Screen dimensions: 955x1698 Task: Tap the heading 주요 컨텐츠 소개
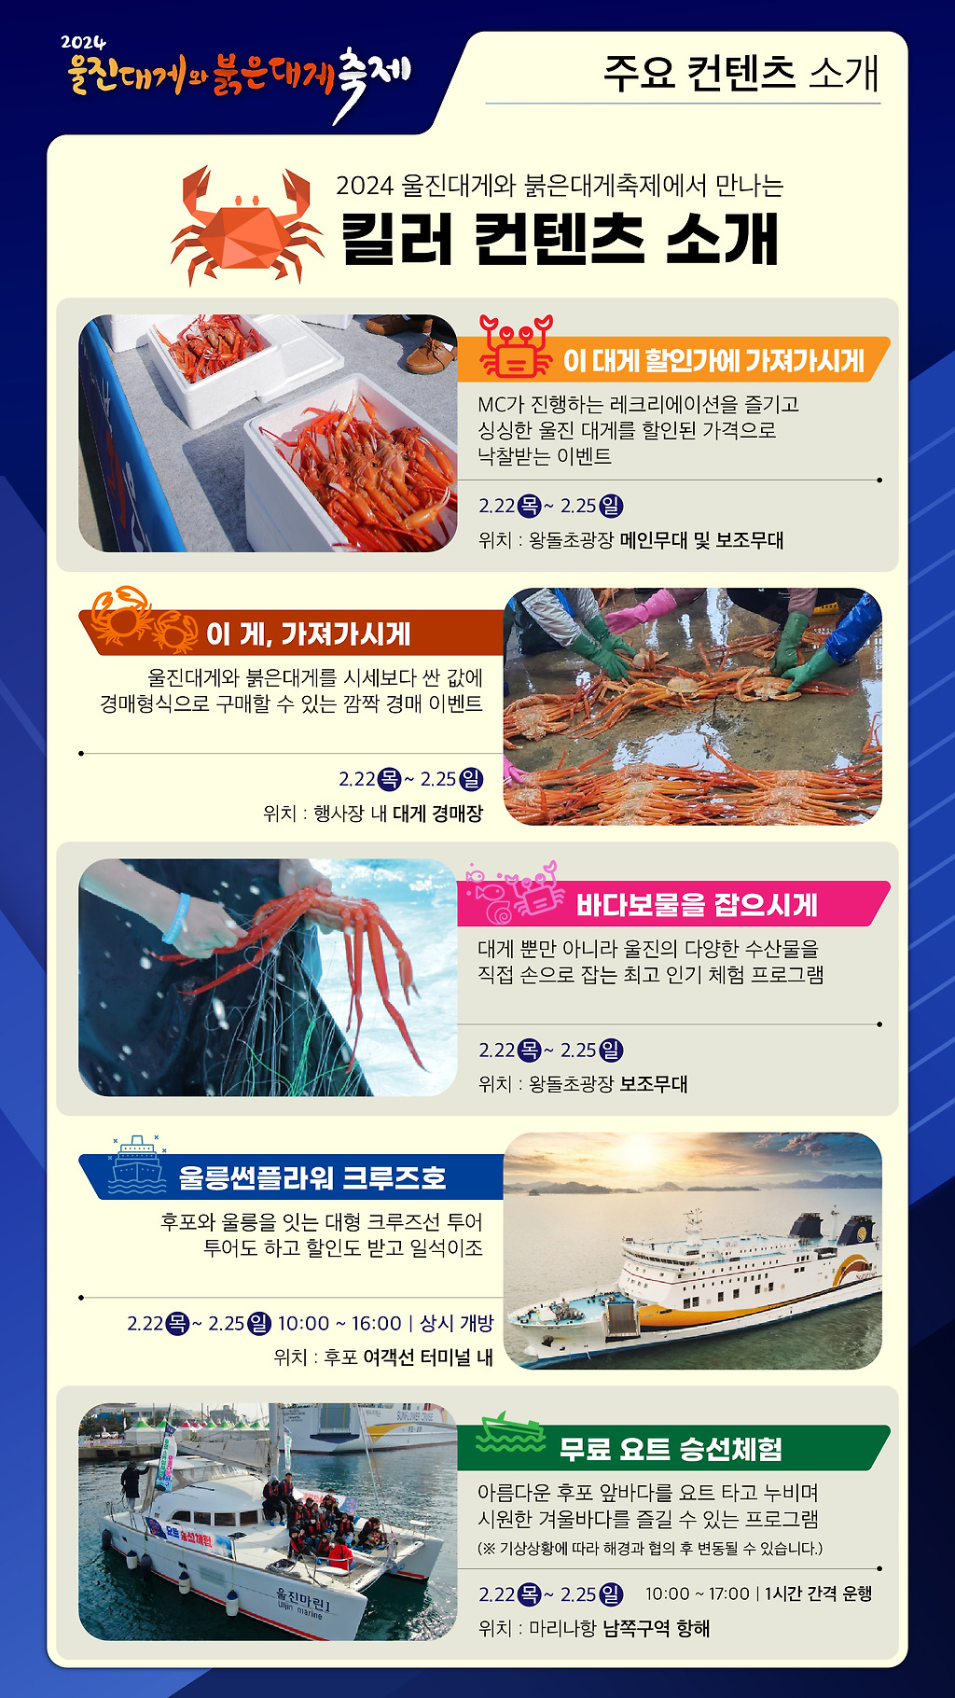741,73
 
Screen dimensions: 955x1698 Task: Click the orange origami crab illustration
247,225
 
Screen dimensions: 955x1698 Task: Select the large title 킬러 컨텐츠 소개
560,239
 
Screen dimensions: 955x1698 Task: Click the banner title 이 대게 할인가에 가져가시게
713,361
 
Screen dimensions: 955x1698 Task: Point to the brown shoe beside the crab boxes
431,354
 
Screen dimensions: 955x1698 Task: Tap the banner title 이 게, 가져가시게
308,634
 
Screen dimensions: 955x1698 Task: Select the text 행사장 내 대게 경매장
398,814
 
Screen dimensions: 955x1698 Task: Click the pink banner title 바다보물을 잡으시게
697,905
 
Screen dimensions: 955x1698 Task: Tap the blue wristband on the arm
176,918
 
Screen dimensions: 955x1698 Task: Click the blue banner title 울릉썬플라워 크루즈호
312,1177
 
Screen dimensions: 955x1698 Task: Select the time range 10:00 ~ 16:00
339,1323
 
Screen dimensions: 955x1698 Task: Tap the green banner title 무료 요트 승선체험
671,1449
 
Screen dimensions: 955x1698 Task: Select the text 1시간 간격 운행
819,1594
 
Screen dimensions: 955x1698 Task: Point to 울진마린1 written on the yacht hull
303,1598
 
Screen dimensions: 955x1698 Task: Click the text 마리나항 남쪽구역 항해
619,1628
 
